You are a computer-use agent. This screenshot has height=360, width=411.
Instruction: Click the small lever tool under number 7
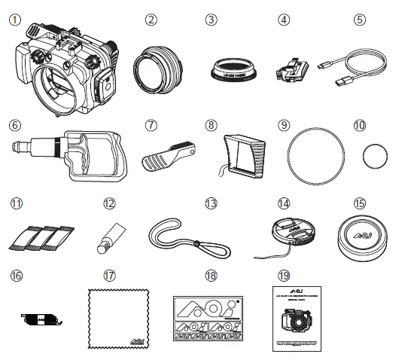coord(167,151)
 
